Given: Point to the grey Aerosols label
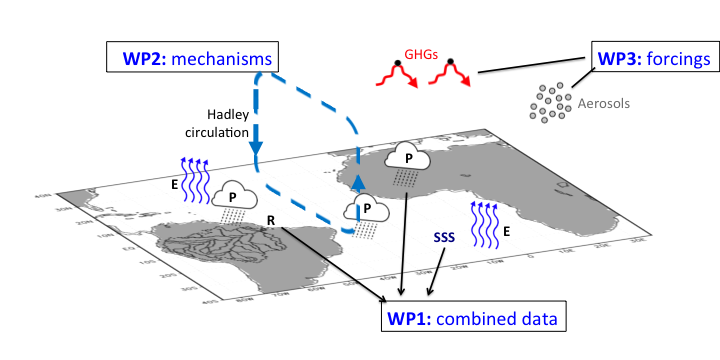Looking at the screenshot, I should coord(603,102).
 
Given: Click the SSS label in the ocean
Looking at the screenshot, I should coord(445,238).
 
